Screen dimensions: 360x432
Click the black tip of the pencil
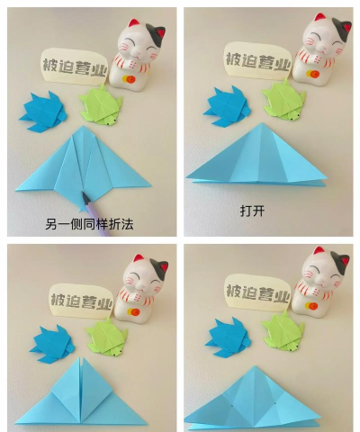click(85, 196)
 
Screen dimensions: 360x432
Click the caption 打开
click(252, 211)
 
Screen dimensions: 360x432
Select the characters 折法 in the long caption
click(121, 224)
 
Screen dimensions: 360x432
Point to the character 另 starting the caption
click(51, 224)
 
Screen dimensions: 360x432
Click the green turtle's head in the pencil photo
click(110, 120)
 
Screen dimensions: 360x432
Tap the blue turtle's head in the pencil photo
click(62, 115)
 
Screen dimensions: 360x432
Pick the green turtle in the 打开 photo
click(284, 100)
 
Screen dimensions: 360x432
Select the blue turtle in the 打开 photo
click(227, 106)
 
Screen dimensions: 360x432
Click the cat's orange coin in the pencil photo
click(130, 79)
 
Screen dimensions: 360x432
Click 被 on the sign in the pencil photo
click(50, 66)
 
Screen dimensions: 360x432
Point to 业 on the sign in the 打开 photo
click(283, 64)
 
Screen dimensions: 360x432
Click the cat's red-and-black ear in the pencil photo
click(160, 32)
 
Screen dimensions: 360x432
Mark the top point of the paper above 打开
click(262, 123)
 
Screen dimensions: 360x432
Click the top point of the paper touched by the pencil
click(83, 126)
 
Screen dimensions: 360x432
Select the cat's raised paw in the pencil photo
click(132, 64)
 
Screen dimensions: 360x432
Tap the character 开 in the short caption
click(258, 211)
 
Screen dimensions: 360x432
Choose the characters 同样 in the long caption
click(96, 224)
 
